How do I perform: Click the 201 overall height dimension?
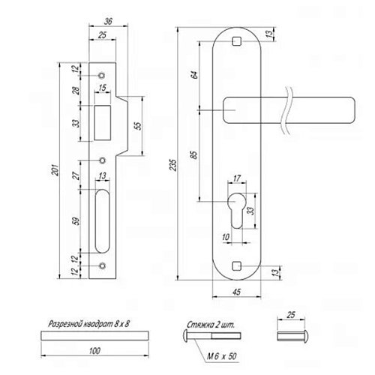pos(56,170)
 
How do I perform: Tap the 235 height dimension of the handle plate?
pos(173,165)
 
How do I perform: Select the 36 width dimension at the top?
pos(108,22)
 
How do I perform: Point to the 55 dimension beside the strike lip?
pos(138,125)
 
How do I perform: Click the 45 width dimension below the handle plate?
pos(236,292)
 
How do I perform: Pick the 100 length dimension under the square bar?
pos(94,351)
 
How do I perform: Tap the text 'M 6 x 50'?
pos(222,356)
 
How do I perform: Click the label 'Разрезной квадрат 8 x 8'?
pos(88,324)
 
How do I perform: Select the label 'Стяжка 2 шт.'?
pos(211,325)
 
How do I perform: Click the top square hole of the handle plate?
pos(236,41)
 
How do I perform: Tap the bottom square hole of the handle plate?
pos(236,266)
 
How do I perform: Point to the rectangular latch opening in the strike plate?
pos(103,123)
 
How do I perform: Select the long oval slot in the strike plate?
pos(102,221)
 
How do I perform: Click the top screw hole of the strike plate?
pos(102,75)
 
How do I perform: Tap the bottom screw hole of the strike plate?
pos(102,265)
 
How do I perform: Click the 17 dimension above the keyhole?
pos(236,178)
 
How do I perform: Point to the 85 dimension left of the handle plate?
pos(194,155)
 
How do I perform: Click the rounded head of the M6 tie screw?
pos(185,335)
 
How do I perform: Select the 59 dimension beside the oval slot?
pos(76,221)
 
